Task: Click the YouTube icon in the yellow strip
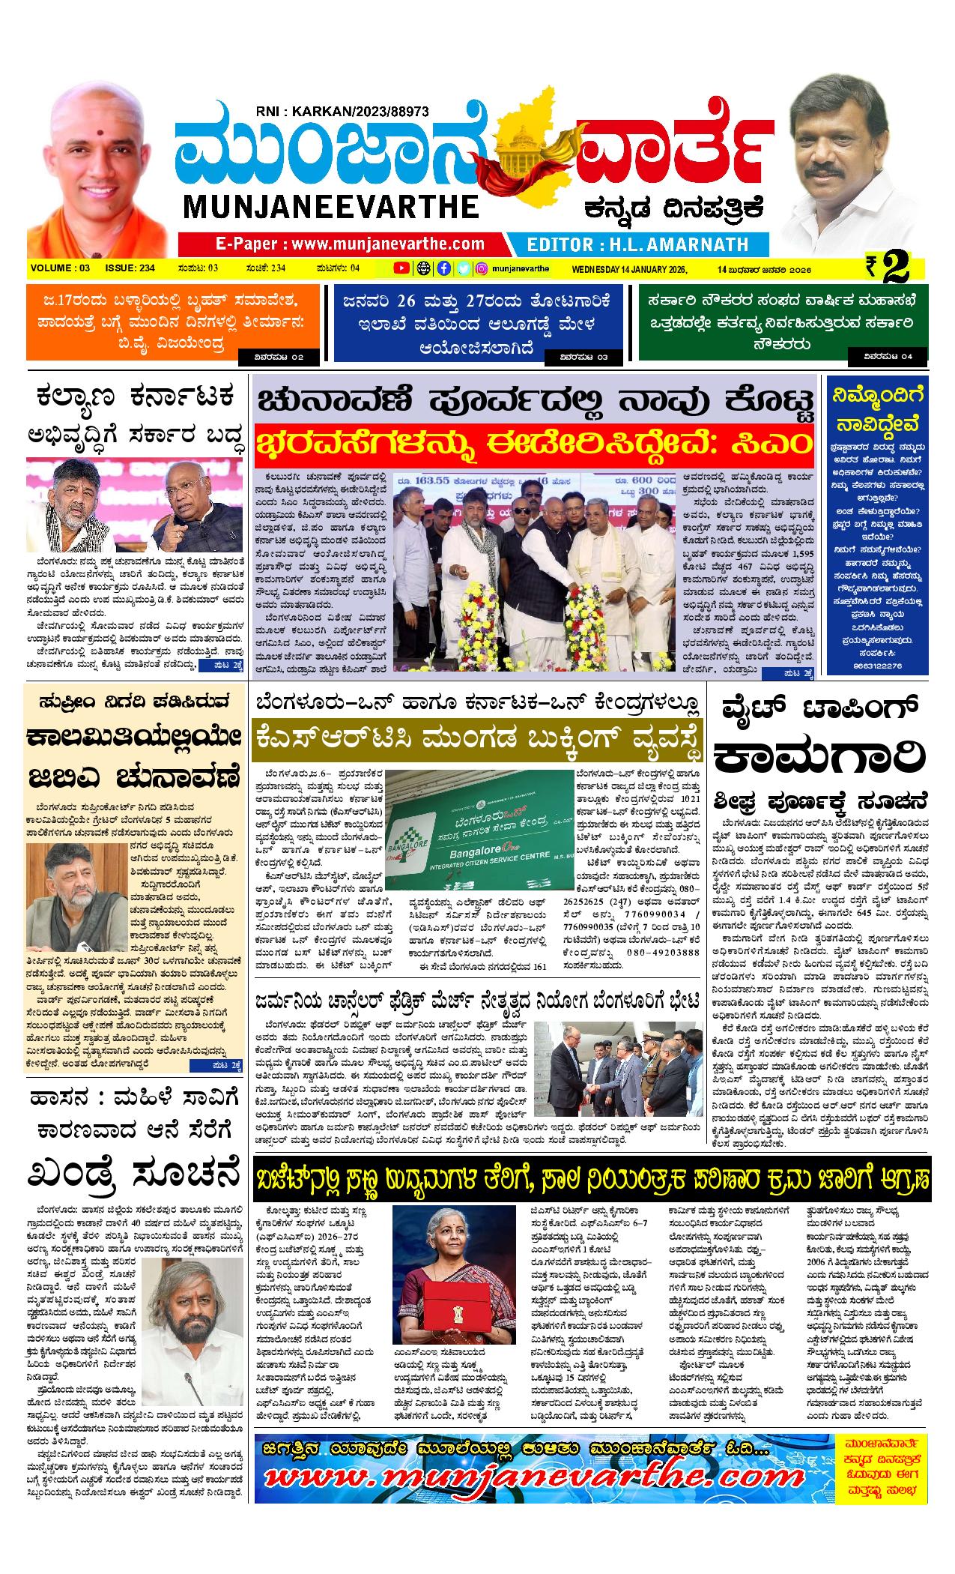pyautogui.click(x=401, y=268)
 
